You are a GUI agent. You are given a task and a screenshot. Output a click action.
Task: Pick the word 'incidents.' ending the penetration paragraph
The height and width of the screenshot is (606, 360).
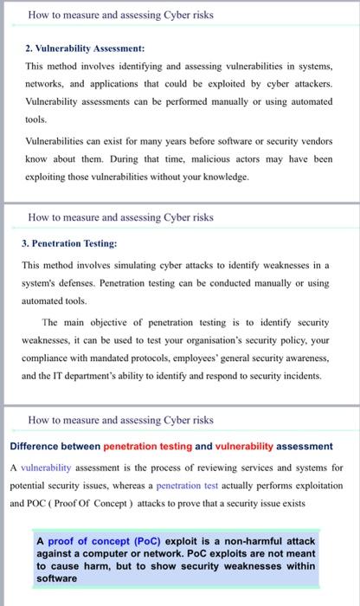(x=297, y=376)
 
